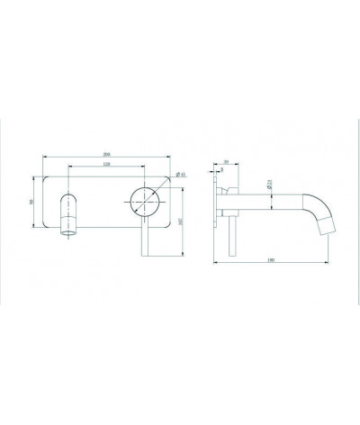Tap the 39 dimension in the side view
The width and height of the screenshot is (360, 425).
(227, 163)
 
